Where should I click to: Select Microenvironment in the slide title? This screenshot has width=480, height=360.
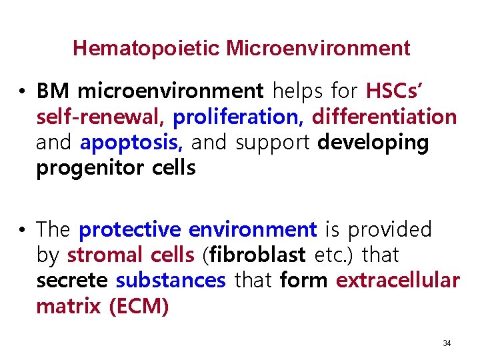click(318, 49)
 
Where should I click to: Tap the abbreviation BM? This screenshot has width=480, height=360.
click(51, 91)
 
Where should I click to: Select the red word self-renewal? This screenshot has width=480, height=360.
click(101, 117)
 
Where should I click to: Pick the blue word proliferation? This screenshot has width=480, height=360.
click(237, 117)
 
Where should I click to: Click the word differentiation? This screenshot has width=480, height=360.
click(385, 117)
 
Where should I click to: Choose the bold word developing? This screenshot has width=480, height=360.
click(373, 143)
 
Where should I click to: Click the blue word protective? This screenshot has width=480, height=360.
click(131, 230)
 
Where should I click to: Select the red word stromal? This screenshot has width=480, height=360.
click(105, 255)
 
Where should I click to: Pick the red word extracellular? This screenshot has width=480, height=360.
click(398, 281)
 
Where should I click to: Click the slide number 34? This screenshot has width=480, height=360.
click(447, 343)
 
